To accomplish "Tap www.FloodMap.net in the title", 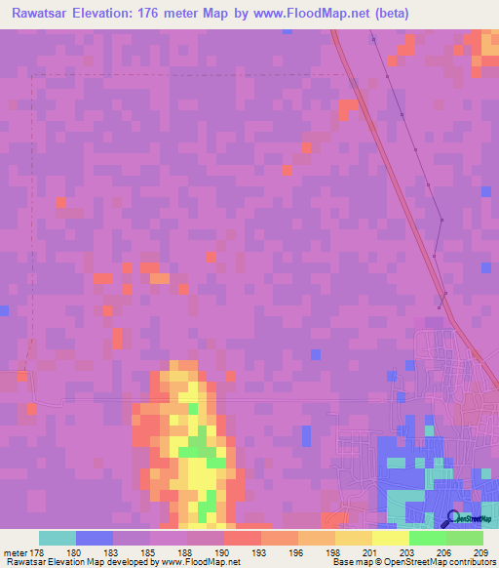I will [302, 13].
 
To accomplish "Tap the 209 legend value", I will [480, 551].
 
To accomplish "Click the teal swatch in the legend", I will [58, 538].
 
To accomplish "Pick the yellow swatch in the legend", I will [390, 538].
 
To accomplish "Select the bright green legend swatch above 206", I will [427, 538].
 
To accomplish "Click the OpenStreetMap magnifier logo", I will [454, 518].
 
